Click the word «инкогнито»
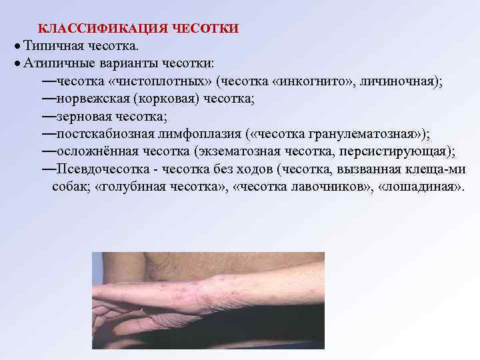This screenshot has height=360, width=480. (314, 81)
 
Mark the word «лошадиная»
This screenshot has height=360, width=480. (419, 185)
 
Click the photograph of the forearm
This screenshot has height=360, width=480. (207, 300)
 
